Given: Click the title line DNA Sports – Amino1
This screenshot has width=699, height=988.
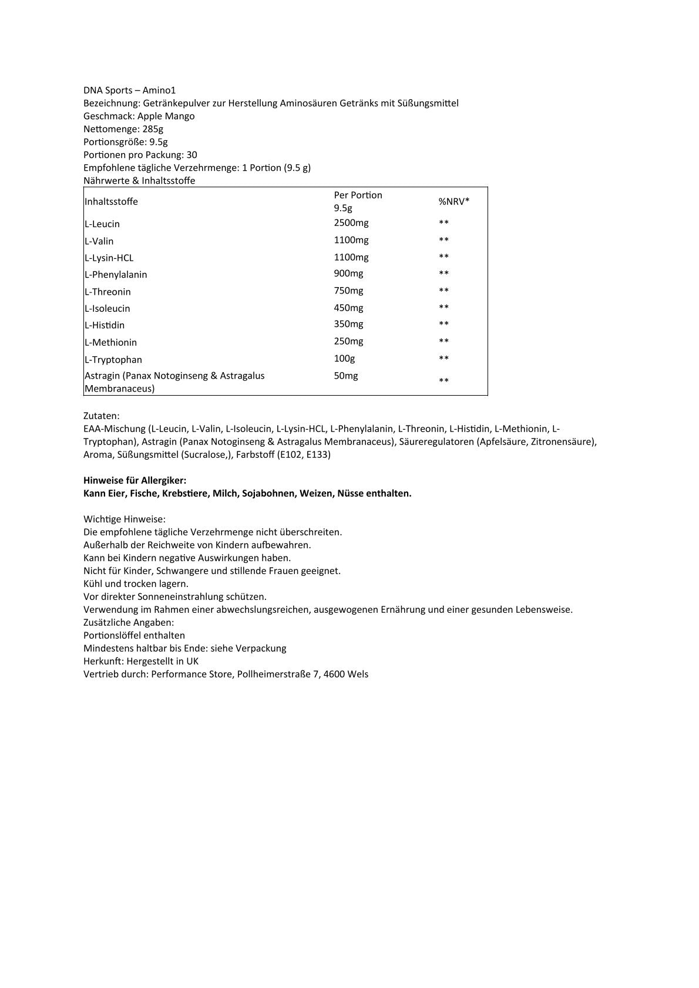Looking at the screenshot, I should point(129,90).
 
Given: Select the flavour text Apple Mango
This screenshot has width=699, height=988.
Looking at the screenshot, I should point(166,116).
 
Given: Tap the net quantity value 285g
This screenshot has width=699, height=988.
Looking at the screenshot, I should point(153,129).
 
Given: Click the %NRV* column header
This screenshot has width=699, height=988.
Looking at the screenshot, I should point(454,201).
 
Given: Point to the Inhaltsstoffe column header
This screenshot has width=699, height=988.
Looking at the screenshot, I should point(112,201).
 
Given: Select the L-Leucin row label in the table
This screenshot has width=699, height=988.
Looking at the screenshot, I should point(103,224).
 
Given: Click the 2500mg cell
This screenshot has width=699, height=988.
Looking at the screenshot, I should point(351,222).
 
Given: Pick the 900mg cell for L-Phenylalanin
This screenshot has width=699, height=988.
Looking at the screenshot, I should point(348,273).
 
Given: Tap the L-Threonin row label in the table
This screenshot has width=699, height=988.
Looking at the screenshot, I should point(108,292).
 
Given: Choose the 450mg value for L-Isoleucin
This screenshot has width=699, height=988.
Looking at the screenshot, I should point(348,308).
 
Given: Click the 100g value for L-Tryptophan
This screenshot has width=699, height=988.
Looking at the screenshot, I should point(344,358).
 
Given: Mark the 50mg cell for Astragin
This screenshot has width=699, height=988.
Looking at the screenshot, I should point(345,375).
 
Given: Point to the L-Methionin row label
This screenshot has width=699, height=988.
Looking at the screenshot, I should point(111,342).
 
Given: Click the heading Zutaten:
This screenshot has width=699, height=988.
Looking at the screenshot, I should point(102,416).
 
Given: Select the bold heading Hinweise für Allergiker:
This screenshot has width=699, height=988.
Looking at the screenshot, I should point(135,480).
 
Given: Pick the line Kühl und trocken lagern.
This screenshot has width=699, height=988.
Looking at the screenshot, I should point(136,584).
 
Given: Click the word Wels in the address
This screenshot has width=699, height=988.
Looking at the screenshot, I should point(358,674).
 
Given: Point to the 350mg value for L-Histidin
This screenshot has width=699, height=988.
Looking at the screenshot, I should point(348,323).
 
